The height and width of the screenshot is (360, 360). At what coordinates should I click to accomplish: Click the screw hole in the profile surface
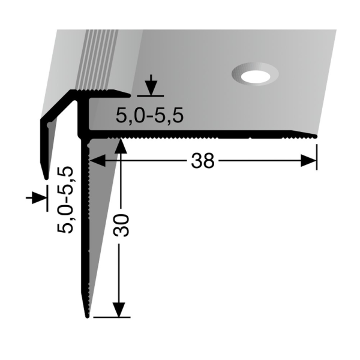tap(256, 74)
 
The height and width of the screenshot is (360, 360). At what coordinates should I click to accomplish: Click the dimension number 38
tap(203, 161)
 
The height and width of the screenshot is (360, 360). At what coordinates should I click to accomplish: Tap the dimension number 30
tap(121, 225)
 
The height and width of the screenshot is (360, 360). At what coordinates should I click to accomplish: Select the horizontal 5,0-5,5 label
tap(149, 115)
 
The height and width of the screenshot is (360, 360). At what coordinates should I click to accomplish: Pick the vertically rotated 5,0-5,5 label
tap(65, 199)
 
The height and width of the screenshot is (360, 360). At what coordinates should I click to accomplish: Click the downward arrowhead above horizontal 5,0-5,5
tap(151, 88)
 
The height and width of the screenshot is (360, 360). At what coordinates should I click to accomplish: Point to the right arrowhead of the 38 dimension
tap(308, 161)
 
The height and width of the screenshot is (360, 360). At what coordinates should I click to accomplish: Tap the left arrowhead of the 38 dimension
tap(98, 160)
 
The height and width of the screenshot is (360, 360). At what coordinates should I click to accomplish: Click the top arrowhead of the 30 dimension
tap(121, 145)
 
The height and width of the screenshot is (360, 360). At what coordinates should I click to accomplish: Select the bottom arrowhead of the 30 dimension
tap(119, 310)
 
